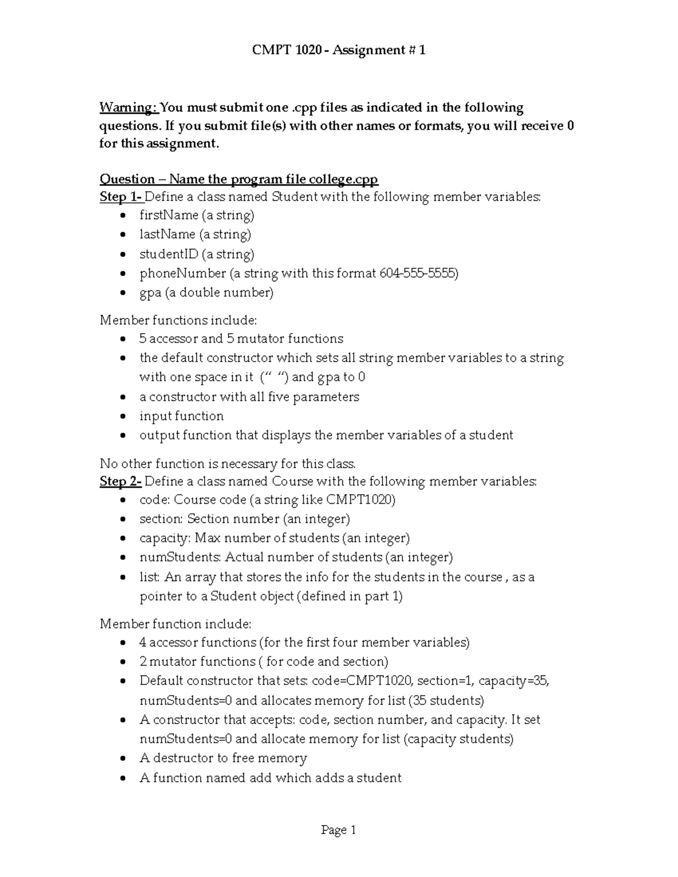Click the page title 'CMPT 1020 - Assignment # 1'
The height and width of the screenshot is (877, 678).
[x=338, y=50]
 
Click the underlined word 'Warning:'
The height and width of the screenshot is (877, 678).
[x=128, y=107]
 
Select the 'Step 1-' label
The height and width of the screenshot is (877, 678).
[x=120, y=197]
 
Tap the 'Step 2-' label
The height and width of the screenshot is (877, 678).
[x=120, y=481]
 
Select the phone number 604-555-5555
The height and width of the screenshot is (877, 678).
[x=419, y=273]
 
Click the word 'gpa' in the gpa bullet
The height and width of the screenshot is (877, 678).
[x=150, y=293]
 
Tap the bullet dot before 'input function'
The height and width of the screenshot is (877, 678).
[x=124, y=417]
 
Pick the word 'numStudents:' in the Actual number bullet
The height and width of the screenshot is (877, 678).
[x=180, y=557]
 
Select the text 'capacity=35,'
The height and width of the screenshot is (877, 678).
[x=514, y=680]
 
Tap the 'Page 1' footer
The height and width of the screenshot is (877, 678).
[x=338, y=830]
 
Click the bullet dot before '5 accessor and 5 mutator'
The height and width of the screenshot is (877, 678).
[x=124, y=339]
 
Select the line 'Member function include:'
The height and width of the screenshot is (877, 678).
[x=175, y=623]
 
